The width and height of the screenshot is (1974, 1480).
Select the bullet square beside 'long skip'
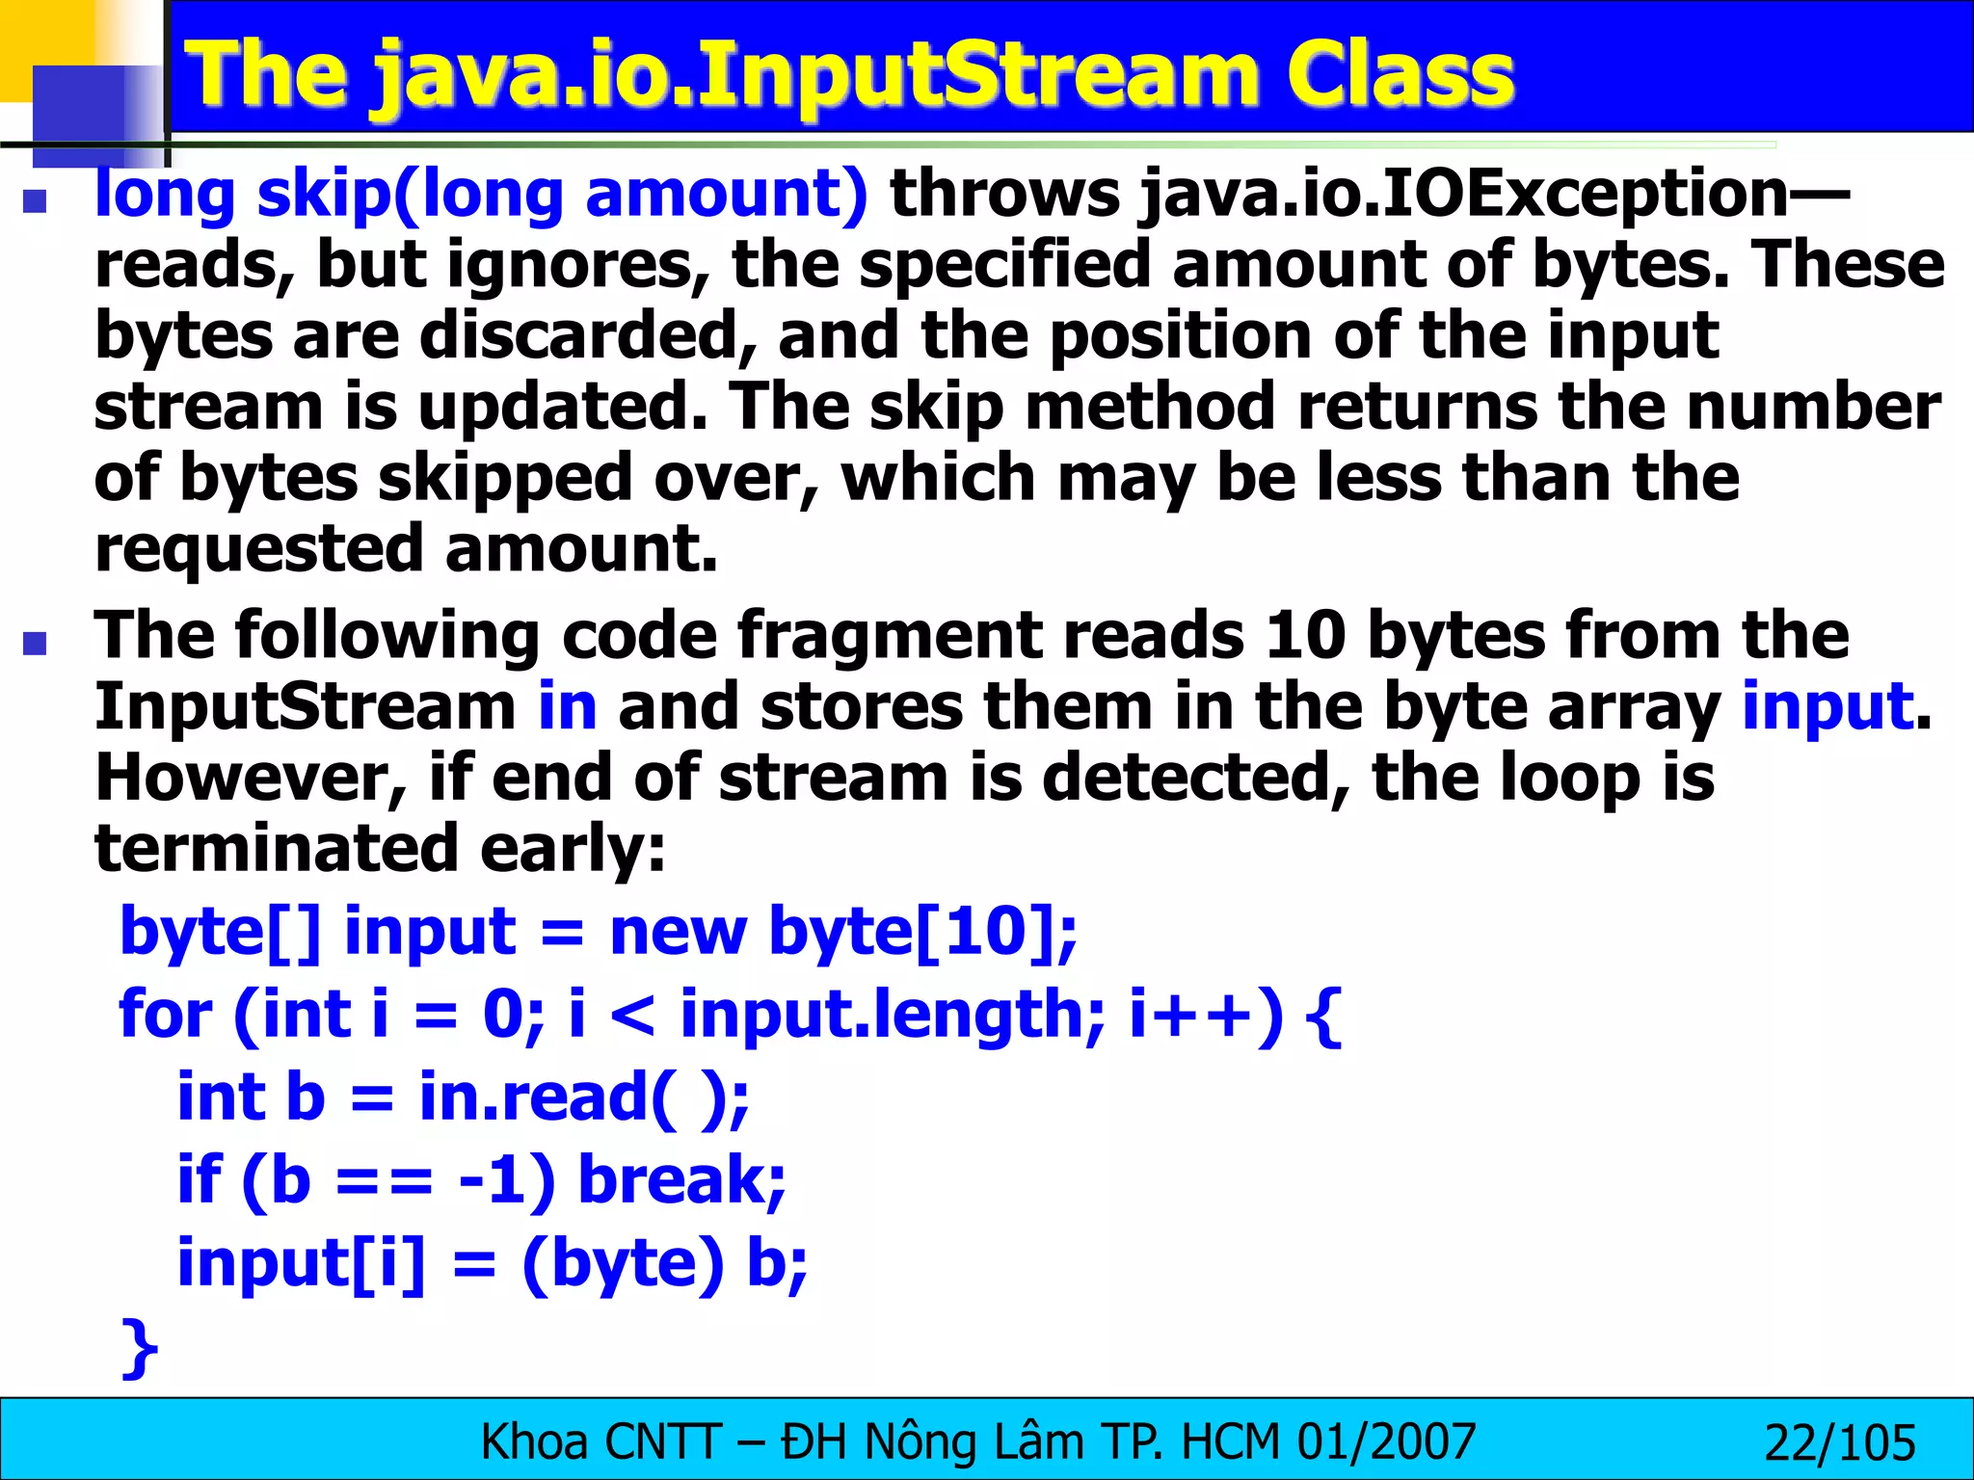pos(36,200)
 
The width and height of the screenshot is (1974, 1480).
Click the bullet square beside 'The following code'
pos(36,643)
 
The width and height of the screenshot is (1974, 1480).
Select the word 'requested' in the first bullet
pos(258,549)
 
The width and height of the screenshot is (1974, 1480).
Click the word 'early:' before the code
pos(573,849)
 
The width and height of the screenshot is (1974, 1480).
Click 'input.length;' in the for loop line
pos(893,1015)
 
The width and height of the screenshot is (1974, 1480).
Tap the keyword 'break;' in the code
pos(681,1180)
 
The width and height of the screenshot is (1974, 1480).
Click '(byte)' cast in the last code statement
pos(622,1263)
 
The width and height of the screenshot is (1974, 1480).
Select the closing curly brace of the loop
pos(141,1347)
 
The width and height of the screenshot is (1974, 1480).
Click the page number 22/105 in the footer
pos(1839,1443)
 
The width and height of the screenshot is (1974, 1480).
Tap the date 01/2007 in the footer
pos(1386,1442)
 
